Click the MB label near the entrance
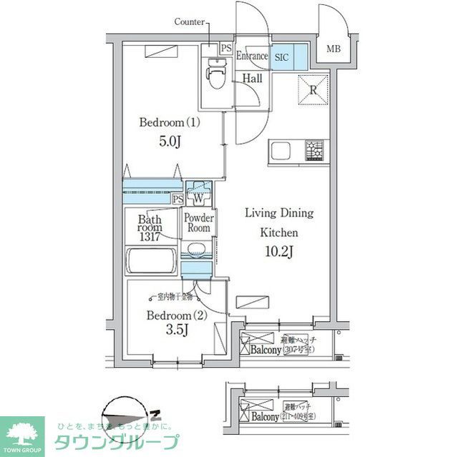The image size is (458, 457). (333, 49)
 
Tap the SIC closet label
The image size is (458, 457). (281, 56)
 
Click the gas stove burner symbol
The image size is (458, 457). (315, 151)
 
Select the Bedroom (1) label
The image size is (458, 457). (169, 122)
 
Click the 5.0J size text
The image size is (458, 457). (169, 141)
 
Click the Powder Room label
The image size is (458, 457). (198, 223)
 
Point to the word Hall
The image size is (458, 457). (251, 79)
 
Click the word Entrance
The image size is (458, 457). (253, 56)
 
